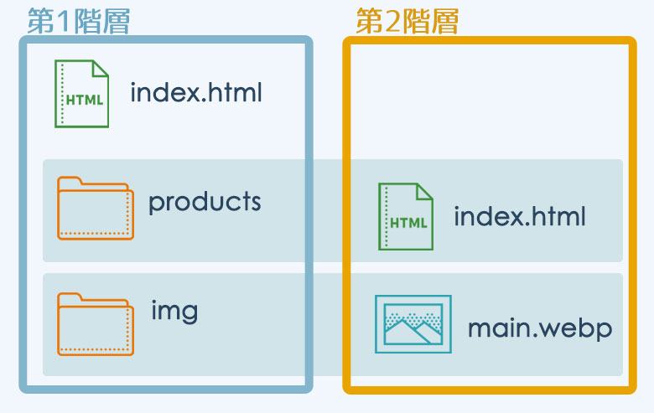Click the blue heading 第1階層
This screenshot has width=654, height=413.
(x=79, y=21)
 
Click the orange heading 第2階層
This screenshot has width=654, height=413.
(x=407, y=21)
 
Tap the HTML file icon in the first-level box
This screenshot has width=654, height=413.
(x=82, y=94)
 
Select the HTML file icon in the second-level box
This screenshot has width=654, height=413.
(x=406, y=217)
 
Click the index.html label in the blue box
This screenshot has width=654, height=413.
(x=196, y=92)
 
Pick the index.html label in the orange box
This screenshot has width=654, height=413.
(x=520, y=216)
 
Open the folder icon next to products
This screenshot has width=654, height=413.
(x=96, y=208)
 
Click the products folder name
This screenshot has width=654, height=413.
(x=205, y=202)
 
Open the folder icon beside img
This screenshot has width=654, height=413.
(x=96, y=324)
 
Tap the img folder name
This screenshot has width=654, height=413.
(x=174, y=311)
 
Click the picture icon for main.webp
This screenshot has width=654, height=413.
(x=413, y=324)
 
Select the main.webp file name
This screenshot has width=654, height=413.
(x=540, y=328)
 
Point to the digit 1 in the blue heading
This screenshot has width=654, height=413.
(x=64, y=21)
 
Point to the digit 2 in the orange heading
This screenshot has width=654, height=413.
(x=393, y=21)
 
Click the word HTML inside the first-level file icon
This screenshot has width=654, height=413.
(x=85, y=100)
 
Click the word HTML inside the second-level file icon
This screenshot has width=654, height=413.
(x=409, y=223)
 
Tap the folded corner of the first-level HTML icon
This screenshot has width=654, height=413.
(x=100, y=69)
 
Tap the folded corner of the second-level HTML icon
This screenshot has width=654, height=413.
(x=424, y=192)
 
